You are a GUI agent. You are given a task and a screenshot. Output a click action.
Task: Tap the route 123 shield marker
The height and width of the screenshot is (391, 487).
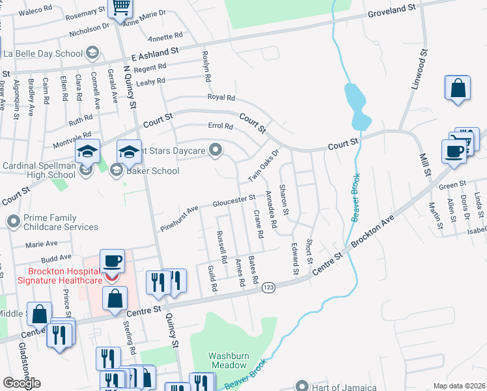point(268,287)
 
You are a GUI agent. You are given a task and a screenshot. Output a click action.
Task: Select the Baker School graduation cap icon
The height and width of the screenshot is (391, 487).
point(117,171)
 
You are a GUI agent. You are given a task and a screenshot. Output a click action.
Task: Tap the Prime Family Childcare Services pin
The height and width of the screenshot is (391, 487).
point(13,222)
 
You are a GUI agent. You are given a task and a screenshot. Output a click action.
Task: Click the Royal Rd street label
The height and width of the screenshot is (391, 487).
point(221,97)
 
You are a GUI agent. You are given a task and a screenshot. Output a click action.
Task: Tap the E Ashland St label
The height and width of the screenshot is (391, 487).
point(154,53)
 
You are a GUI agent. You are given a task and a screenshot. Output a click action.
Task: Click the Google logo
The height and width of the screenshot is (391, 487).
point(21,383)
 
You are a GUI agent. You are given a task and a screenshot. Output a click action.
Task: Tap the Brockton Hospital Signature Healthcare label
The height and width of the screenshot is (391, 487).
point(64,276)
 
